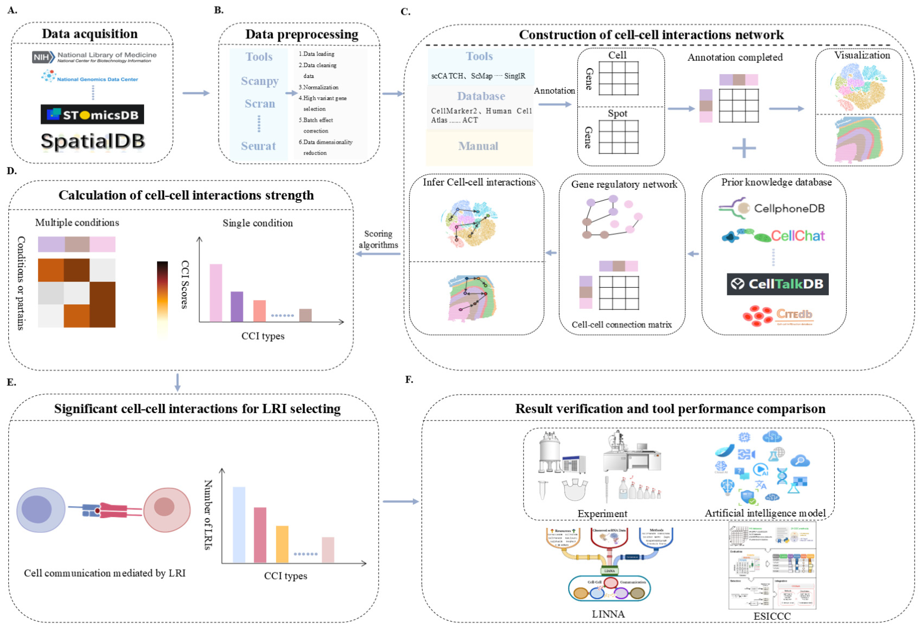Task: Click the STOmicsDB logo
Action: pyautogui.click(x=92, y=114)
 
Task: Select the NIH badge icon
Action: pyautogui.click(x=43, y=57)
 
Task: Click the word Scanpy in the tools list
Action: pyautogui.click(x=260, y=81)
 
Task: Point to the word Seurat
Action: pyautogui.click(x=258, y=146)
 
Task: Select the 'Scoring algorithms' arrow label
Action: pyautogui.click(x=378, y=239)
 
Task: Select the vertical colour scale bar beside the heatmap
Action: pyautogui.click(x=162, y=299)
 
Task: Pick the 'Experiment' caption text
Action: pyautogui.click(x=602, y=514)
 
